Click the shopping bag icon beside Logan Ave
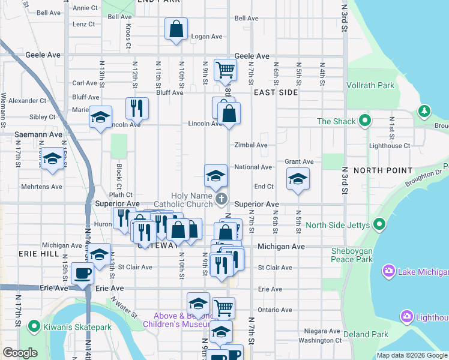(176, 28)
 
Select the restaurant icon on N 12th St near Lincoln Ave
(137, 108)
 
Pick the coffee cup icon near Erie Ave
(82, 274)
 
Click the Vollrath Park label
(370, 85)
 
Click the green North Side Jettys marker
(379, 226)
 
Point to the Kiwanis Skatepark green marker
(34, 327)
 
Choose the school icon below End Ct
(297, 179)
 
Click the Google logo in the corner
(20, 353)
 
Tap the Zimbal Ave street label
(251, 145)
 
